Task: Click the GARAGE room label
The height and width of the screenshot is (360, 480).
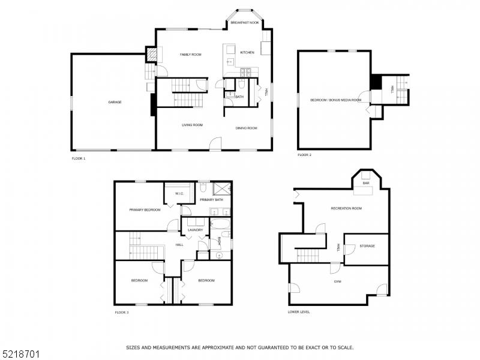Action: click(x=115, y=103)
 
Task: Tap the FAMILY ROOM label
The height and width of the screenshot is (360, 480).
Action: click(x=191, y=55)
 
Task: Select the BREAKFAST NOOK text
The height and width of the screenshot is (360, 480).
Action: click(x=245, y=22)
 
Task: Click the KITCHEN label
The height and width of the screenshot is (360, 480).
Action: click(x=247, y=53)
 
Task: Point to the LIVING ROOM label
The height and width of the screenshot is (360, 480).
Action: click(x=193, y=125)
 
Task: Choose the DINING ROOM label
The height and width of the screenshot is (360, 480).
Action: click(x=246, y=128)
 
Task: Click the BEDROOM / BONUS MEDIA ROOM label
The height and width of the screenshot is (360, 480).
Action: click(x=335, y=100)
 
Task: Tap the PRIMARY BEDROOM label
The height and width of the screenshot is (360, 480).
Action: click(x=145, y=210)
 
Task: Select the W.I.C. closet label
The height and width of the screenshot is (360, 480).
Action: click(x=179, y=194)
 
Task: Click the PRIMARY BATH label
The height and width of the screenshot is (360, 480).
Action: click(x=211, y=199)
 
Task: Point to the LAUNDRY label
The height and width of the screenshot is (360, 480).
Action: click(x=196, y=230)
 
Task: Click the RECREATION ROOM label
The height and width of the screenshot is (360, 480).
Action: click(x=346, y=208)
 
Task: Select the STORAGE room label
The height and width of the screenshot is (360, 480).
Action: click(x=367, y=246)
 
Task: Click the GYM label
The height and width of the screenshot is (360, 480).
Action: click(x=338, y=281)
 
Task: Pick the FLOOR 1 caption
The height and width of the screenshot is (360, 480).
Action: click(x=79, y=158)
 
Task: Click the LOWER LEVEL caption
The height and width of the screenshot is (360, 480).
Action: click(x=299, y=312)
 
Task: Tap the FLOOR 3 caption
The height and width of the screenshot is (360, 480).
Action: click(x=121, y=312)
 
